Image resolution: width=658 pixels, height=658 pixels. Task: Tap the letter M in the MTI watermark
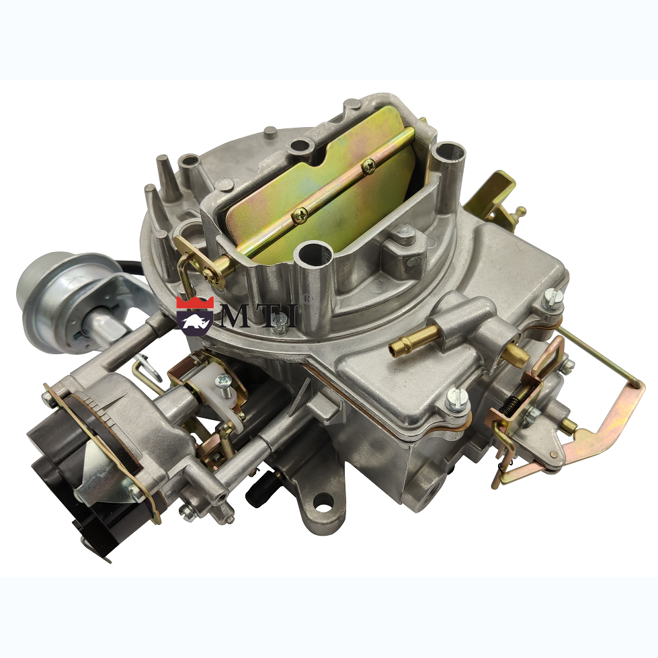point(239,316)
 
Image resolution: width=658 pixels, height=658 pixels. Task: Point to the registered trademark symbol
point(308,298)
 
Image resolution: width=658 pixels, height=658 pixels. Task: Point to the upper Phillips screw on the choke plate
point(368,166)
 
